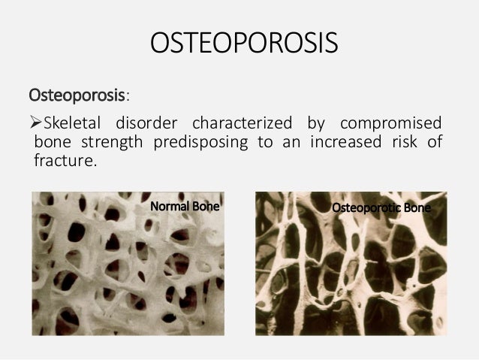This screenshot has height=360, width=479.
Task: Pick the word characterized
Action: (x=243, y=123)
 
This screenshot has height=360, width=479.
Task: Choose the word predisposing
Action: (x=201, y=142)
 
